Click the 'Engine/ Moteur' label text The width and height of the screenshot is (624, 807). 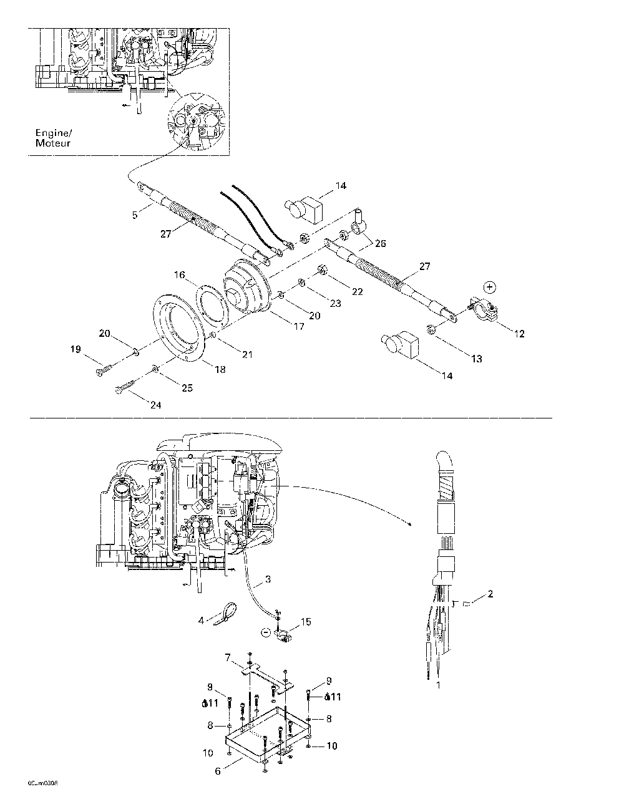coord(53,138)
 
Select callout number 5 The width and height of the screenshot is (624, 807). coord(135,215)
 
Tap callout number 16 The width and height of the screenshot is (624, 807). coord(180,274)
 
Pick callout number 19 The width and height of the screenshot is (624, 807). coord(76,350)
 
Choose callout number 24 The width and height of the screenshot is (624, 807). coord(155,405)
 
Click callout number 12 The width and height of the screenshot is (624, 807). coord(519,334)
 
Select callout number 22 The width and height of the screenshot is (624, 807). coord(357,292)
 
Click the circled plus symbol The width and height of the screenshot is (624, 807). coord(490,287)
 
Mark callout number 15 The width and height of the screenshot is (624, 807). coord(305,622)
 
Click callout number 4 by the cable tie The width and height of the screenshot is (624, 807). coord(202,620)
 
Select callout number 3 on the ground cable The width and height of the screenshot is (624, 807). coord(268,579)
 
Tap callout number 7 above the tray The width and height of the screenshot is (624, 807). coord(228,657)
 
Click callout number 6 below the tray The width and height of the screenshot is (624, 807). coord(218,771)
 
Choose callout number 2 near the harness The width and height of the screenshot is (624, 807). coord(490,594)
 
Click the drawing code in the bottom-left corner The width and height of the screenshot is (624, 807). coord(42,782)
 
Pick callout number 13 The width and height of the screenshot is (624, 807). coord(477,359)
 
